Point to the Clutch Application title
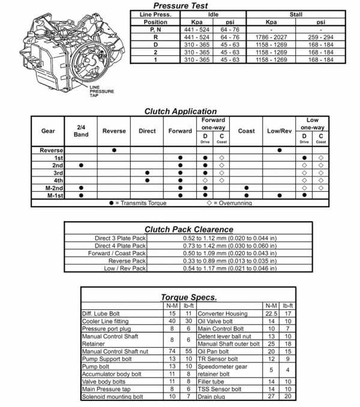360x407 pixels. (180, 111)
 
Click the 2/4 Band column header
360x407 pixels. (81, 131)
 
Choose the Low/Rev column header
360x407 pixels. (280, 131)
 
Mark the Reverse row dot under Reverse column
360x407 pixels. (114, 150)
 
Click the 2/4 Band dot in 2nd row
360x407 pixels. (81, 165)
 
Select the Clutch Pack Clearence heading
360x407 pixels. (189, 229)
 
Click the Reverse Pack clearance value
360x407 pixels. (229, 261)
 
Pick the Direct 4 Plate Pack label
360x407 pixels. (121, 245)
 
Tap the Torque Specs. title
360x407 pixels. (188, 297)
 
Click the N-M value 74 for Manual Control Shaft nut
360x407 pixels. (172, 352)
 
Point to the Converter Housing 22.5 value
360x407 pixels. (271, 313)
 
